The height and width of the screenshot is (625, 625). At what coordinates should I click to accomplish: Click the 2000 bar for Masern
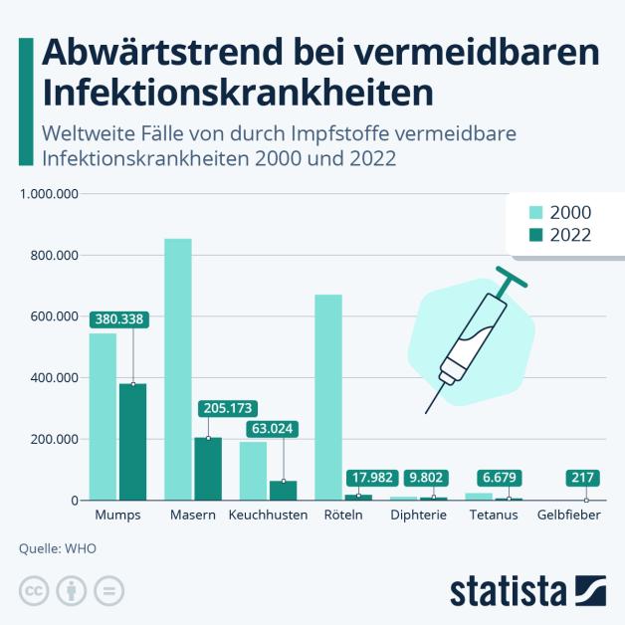click(178, 368)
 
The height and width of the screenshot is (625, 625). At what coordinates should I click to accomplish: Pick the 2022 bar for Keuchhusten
click(283, 490)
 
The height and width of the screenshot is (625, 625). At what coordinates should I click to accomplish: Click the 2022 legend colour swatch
click(535, 235)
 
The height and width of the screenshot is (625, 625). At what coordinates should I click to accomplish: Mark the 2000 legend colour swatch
click(535, 212)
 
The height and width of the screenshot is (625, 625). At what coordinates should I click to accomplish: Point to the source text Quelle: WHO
click(58, 547)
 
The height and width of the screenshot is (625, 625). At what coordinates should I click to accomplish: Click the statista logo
click(527, 589)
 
